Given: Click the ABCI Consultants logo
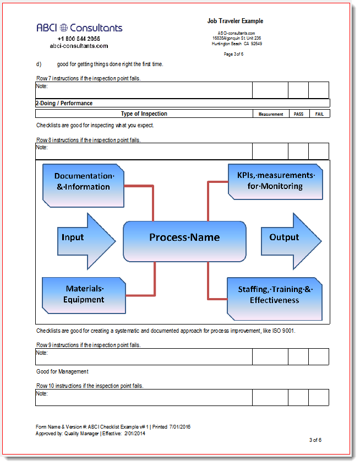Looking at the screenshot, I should coord(79,28).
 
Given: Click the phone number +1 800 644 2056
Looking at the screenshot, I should coord(79,39).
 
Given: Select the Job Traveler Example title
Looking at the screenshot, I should coord(235,21).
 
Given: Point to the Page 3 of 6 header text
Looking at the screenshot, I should coord(233,54).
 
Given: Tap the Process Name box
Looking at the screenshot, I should coord(184,238).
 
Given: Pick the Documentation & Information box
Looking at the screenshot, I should coord(84,182).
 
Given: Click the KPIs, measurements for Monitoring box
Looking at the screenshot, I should coord(275,181).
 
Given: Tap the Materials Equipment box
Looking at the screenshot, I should coord(84,295).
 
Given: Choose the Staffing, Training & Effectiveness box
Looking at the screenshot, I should coord(275,295).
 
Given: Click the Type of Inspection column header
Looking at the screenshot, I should coord(144,114).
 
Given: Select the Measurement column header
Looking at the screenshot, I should coord(271,114).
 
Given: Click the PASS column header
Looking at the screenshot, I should coord(298,114).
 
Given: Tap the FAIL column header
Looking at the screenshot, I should coord(319,114).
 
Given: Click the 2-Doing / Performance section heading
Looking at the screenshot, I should coord(64,103).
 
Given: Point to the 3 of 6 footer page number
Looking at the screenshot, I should coord(315,440).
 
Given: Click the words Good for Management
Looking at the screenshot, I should coord(62,372).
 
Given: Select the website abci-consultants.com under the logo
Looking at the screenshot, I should coord(79,46).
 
